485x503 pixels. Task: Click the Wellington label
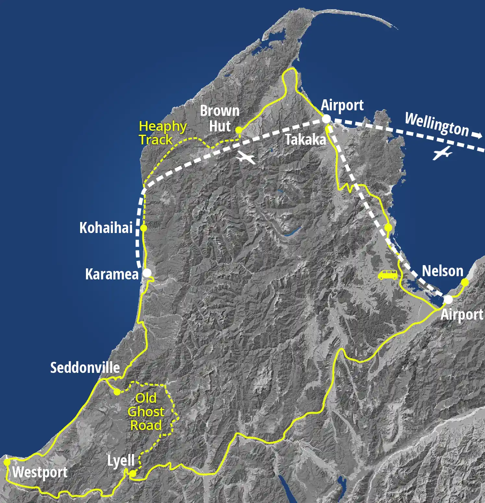pyautogui.click(x=437, y=124)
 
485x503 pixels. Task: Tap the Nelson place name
pyautogui.click(x=442, y=271)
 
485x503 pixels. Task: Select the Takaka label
pyautogui.click(x=305, y=140)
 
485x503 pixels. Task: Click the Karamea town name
pyautogui.click(x=112, y=274)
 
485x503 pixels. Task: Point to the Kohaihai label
pyautogui.click(x=106, y=228)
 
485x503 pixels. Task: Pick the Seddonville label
pyautogui.click(x=85, y=368)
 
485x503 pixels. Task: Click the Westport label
pyautogui.click(x=40, y=472)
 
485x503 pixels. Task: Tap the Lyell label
pyautogui.click(x=121, y=460)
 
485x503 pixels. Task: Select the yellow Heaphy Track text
pyautogui.click(x=163, y=133)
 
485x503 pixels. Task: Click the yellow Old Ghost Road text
pyautogui.click(x=146, y=411)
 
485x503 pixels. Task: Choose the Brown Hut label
pyautogui.click(x=220, y=118)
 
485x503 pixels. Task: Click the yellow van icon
pyautogui.click(x=388, y=275)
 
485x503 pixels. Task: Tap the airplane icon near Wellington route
pyautogui.click(x=442, y=153)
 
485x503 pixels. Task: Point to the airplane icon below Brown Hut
pyautogui.click(x=246, y=158)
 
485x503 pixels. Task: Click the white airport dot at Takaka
pyautogui.click(x=326, y=119)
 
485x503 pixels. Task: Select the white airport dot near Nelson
pyautogui.click(x=448, y=300)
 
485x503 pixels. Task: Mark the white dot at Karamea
pyautogui.click(x=147, y=273)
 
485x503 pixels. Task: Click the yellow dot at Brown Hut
pyautogui.click(x=239, y=130)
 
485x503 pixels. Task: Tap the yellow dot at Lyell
pyautogui.click(x=133, y=474)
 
